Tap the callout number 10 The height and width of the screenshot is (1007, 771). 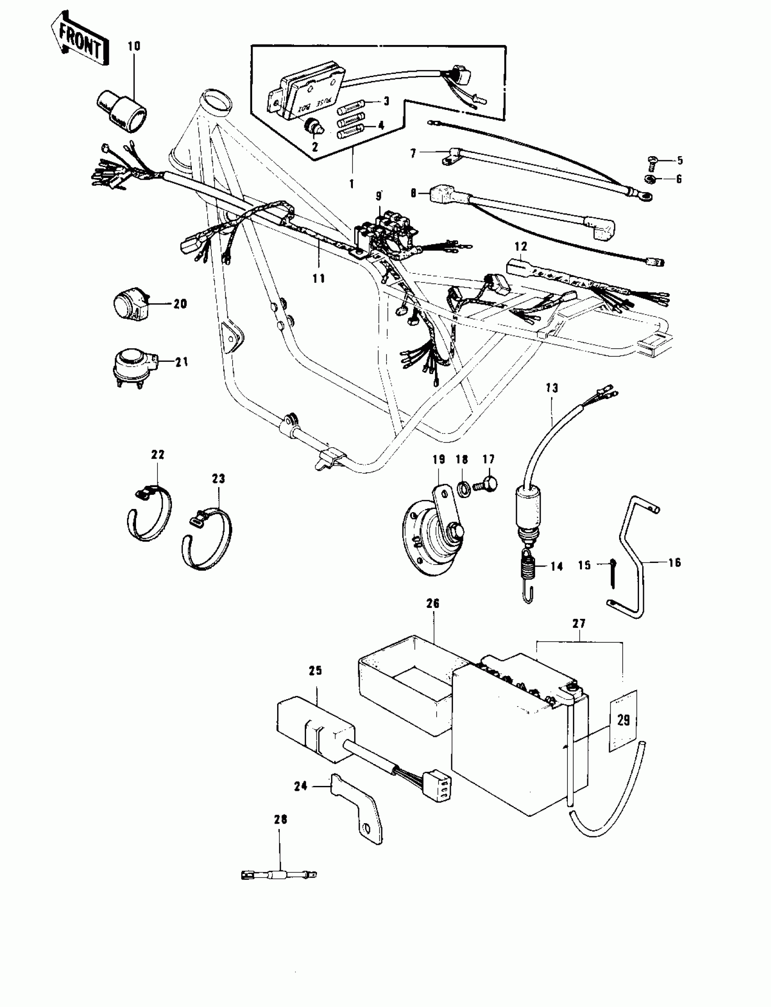pos(134,46)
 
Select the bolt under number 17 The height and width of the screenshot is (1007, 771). pos(487,485)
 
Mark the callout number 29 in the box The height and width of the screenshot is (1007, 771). pos(623,720)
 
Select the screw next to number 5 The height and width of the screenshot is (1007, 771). pos(653,160)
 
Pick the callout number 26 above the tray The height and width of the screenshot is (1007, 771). pos(433,603)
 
